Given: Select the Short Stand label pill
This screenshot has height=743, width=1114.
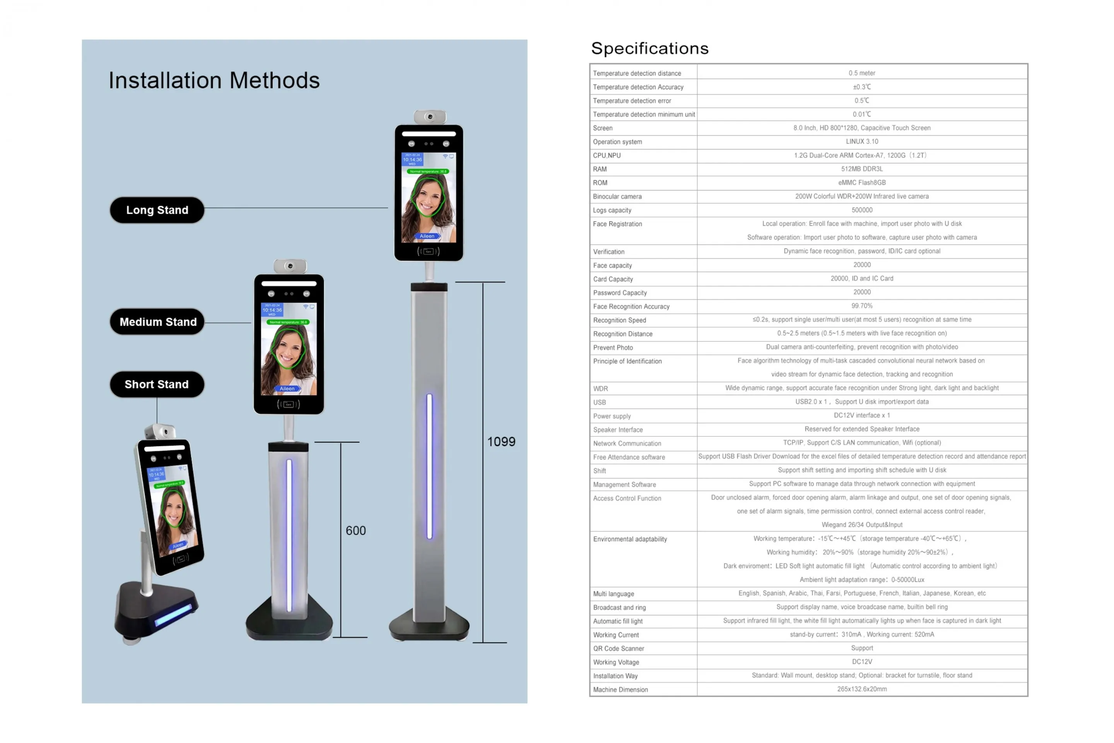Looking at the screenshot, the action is tap(157, 384).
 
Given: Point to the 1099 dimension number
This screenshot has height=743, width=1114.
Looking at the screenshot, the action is tap(501, 442).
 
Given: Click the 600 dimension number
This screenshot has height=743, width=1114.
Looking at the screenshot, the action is tap(356, 531).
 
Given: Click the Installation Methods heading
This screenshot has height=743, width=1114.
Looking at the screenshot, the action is tap(214, 80).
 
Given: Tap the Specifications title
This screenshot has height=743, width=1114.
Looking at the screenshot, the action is tap(650, 48).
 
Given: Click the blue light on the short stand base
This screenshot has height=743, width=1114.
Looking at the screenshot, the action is tap(173, 615).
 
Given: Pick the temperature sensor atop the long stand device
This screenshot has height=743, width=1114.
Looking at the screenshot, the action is tap(430, 116).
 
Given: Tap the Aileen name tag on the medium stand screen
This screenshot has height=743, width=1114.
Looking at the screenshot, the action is tap(287, 389).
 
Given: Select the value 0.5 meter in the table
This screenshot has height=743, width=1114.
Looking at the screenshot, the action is tap(862, 73).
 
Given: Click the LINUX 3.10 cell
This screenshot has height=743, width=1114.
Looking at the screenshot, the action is tap(862, 142).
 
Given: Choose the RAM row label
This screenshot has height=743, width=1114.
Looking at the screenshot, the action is tap(600, 169).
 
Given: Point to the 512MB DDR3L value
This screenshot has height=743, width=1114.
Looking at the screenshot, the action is tap(862, 169).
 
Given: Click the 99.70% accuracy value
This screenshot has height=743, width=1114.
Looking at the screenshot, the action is tap(862, 306).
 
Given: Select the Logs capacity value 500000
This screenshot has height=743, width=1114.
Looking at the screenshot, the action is tap(862, 210).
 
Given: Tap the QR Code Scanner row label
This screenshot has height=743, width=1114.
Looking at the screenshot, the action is tap(619, 649).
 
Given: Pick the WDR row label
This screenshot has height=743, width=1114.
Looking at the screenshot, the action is tap(601, 389).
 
